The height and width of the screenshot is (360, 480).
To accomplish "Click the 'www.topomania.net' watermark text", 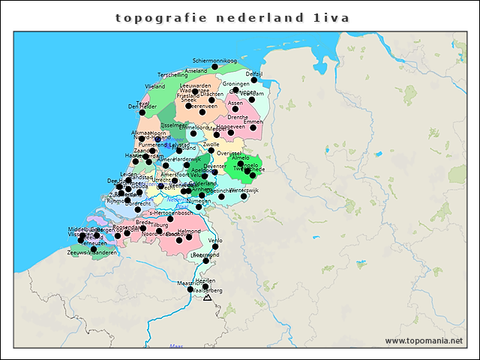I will tap(424, 340).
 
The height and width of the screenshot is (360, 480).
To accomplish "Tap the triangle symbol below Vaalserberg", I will tap(208, 298).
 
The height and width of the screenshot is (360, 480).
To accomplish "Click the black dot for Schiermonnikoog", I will tap(214, 67).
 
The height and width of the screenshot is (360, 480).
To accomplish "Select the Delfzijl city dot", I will tap(253, 79).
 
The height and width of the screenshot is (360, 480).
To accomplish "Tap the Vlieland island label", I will tap(155, 87).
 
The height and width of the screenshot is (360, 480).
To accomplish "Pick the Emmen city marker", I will tap(253, 127).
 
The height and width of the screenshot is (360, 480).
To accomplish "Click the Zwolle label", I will tap(211, 144).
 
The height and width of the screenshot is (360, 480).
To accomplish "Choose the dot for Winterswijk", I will tap(243, 196).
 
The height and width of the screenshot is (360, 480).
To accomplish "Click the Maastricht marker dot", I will tap(190, 289).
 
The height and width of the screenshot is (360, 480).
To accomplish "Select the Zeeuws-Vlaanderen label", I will tap(91, 253).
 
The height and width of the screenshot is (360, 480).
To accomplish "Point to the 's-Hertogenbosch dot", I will tap(170, 219).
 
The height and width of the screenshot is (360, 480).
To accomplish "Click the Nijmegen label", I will tap(199, 202).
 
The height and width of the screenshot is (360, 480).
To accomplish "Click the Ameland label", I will tap(196, 70).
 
